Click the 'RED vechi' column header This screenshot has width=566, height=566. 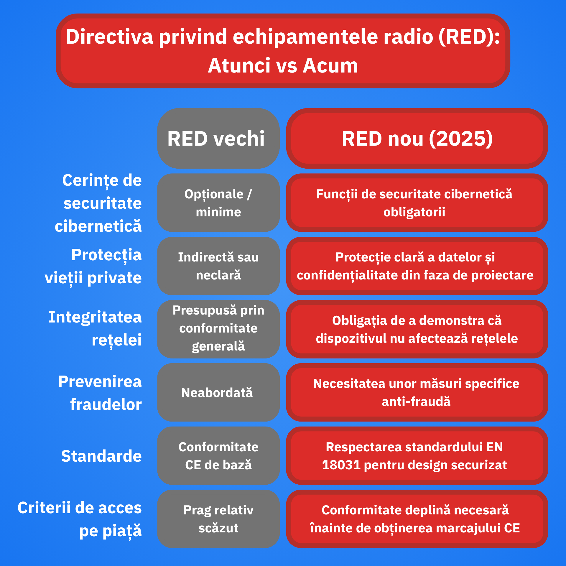pyautogui.click(x=218, y=138)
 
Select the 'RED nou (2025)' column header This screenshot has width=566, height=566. pyautogui.click(x=417, y=138)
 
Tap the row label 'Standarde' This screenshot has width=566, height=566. pyautogui.click(x=101, y=456)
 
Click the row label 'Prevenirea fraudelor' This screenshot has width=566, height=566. pyautogui.click(x=100, y=393)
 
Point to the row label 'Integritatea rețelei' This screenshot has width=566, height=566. pyautogui.click(x=95, y=328)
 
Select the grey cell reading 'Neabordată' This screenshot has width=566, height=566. pyautogui.click(x=218, y=392)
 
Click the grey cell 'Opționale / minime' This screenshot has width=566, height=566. pyautogui.click(x=218, y=203)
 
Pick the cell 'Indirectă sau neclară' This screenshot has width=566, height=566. pyautogui.click(x=218, y=266)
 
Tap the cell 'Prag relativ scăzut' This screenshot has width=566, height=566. pyautogui.click(x=218, y=519)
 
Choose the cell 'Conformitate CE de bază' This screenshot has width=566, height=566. pyautogui.click(x=218, y=456)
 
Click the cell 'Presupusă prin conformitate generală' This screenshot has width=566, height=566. pyautogui.click(x=218, y=329)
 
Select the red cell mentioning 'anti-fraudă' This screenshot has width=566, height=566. pyautogui.click(x=417, y=392)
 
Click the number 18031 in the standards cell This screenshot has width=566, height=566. pyautogui.click(x=341, y=465)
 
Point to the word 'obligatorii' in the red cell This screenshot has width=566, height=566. pyautogui.click(x=414, y=212)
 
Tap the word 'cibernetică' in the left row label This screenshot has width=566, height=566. pyautogui.click(x=98, y=226)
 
